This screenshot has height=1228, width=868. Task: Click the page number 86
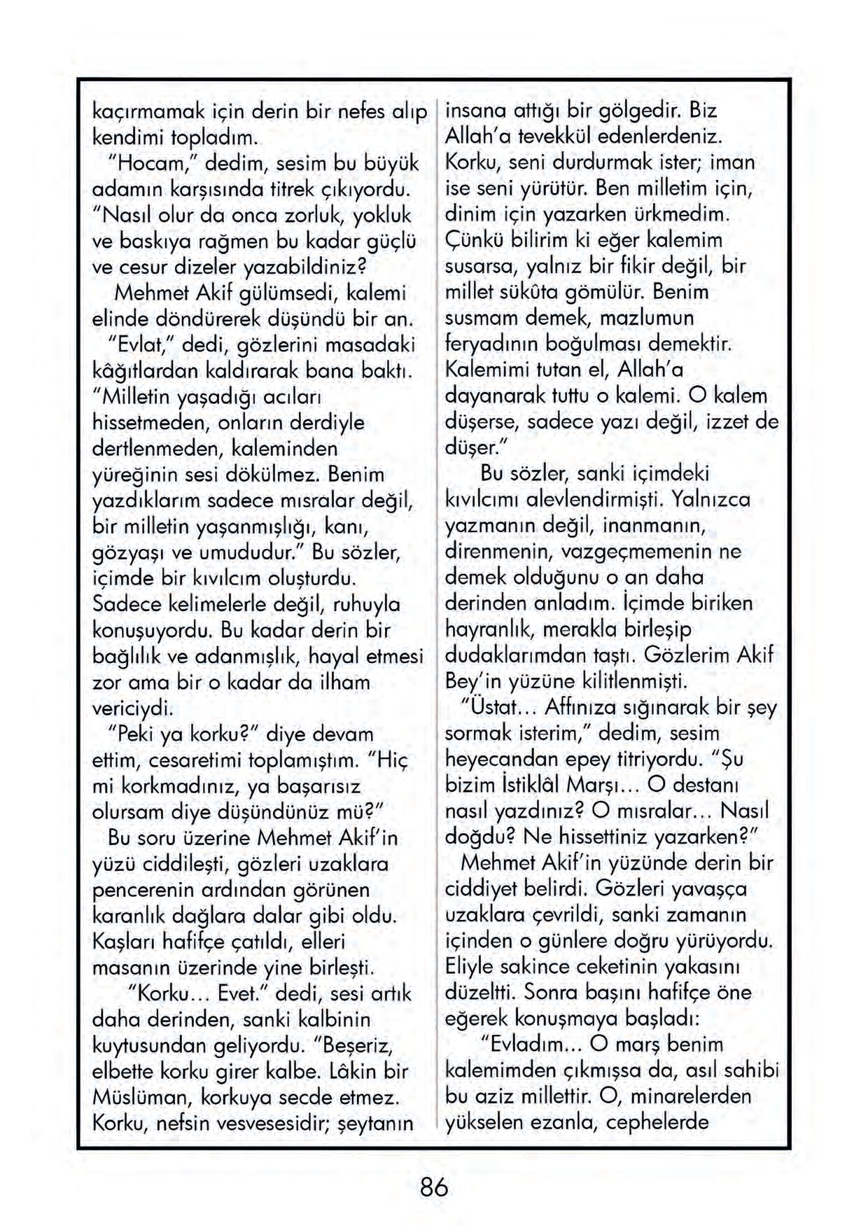click(x=433, y=1187)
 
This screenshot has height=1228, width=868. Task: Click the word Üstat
click(x=495, y=707)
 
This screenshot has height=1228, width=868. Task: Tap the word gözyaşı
click(x=130, y=552)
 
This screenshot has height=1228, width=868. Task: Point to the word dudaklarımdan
click(x=514, y=655)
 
